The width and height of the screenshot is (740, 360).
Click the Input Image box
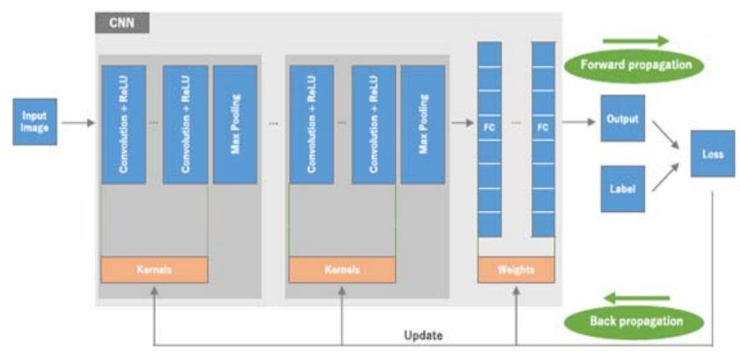point(34,122)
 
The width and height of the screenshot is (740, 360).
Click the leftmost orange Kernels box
point(154,269)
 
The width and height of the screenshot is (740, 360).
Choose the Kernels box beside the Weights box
point(342,269)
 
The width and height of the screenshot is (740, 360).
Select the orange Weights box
point(516,269)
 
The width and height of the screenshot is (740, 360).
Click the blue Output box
point(622,119)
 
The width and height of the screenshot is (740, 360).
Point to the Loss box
point(713,153)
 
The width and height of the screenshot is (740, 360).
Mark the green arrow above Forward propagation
point(635,41)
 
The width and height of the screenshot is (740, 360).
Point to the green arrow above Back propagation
point(637,297)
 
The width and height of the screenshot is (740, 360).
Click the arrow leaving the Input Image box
point(78,123)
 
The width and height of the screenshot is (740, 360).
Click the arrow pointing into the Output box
point(579,123)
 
